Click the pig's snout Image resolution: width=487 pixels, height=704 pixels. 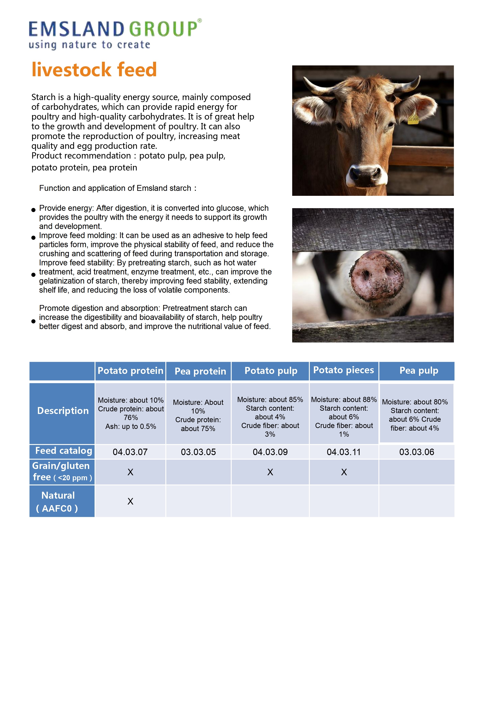(x=376, y=275)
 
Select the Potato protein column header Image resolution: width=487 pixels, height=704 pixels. (x=130, y=371)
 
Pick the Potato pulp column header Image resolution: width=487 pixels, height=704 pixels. (x=271, y=371)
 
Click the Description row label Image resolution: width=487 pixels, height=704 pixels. (x=63, y=411)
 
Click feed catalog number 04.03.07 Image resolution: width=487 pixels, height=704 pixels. (x=130, y=452)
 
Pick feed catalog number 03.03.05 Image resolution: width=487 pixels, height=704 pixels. (x=198, y=452)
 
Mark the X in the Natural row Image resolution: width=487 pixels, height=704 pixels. (x=130, y=501)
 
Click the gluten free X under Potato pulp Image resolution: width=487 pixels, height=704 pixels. (x=270, y=472)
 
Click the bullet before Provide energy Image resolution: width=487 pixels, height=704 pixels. (x=34, y=210)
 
